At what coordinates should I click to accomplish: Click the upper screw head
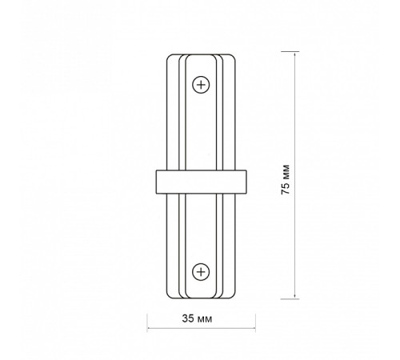click(x=201, y=85)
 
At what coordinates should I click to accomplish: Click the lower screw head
click(x=201, y=272)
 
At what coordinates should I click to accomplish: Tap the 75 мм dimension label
click(x=286, y=180)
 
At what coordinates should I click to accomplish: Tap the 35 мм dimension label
click(x=197, y=318)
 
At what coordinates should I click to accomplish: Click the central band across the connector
click(x=201, y=182)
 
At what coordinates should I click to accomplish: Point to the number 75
click(x=286, y=188)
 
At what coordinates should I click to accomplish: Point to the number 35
click(x=188, y=318)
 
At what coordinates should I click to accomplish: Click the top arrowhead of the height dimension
click(x=294, y=54)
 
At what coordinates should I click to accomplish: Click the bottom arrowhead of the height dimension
click(x=294, y=296)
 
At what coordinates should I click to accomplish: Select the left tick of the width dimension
click(x=147, y=322)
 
